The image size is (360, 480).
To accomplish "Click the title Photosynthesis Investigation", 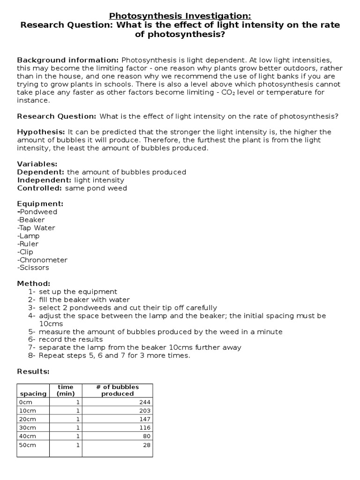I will (x=180, y=16).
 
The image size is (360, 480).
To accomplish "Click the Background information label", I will (x=68, y=60).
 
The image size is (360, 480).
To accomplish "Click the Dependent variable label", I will (x=41, y=172).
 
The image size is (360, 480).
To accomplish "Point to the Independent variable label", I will (x=44, y=180).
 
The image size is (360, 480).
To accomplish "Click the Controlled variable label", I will (x=40, y=188).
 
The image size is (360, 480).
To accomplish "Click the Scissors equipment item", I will (x=33, y=268).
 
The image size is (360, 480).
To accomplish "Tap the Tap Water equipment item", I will (x=36, y=228).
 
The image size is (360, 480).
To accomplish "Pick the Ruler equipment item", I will (x=28, y=244).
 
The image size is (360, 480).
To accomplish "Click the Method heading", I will (x=33, y=284).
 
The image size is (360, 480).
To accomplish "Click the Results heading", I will (x=33, y=372).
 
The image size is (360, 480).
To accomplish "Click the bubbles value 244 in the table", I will (x=145, y=402).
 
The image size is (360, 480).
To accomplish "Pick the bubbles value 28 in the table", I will (x=147, y=445).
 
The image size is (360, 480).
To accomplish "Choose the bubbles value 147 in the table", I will (x=145, y=419).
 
